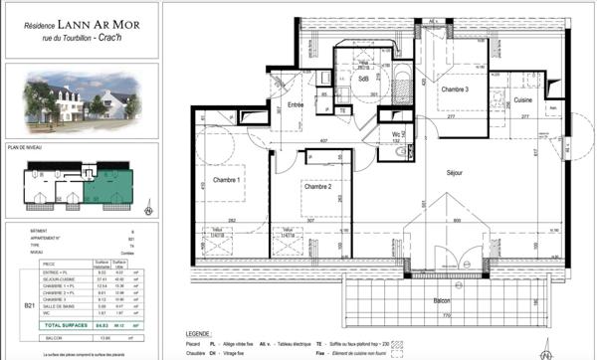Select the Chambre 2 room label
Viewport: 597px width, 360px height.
pyautogui.click(x=317, y=187)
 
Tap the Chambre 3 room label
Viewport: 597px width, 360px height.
pyautogui.click(x=454, y=90)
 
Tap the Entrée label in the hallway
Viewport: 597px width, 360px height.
pyautogui.click(x=296, y=104)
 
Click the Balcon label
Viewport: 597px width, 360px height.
pyautogui.click(x=442, y=301)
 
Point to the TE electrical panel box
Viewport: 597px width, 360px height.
pyautogui.click(x=342, y=111)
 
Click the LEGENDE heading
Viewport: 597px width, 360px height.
pyautogui.click(x=203, y=336)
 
